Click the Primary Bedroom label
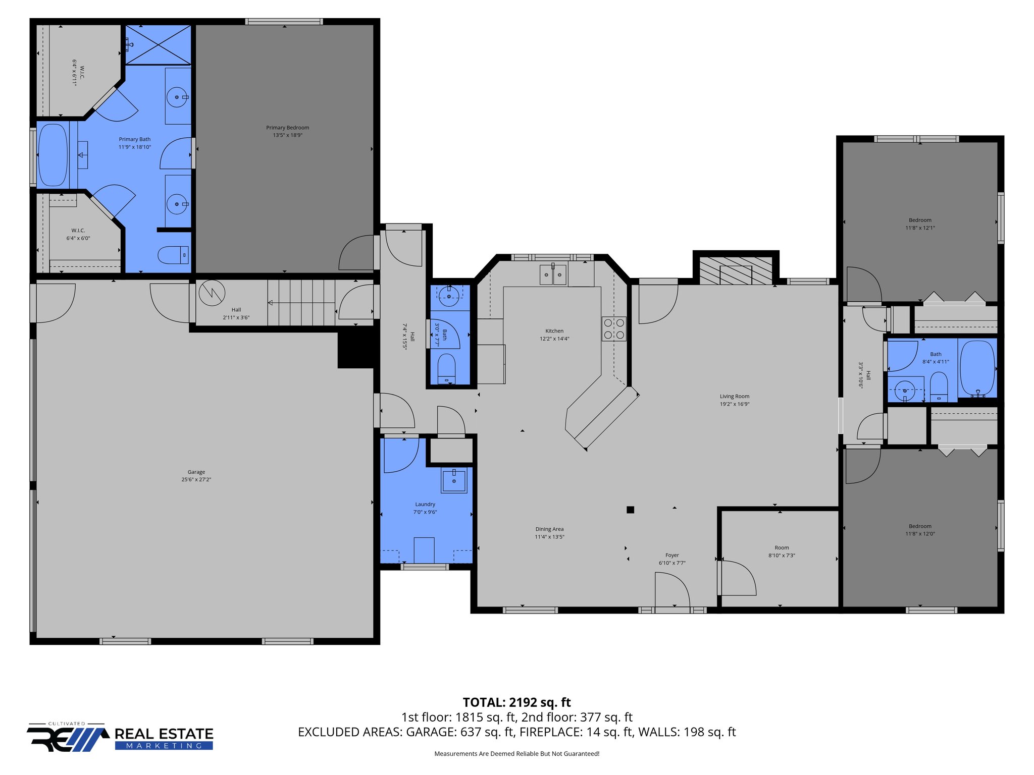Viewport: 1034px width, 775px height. click(x=287, y=128)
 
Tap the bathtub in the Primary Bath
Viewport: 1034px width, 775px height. click(x=53, y=155)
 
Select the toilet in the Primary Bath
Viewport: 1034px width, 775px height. click(x=173, y=255)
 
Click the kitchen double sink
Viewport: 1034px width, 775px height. click(x=553, y=275)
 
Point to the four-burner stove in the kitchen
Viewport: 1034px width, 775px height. click(x=614, y=328)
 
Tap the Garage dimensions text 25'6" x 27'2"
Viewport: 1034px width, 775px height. click(x=196, y=480)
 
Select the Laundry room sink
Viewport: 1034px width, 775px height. click(x=454, y=481)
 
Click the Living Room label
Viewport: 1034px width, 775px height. click(x=735, y=397)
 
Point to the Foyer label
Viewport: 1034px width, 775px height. click(x=672, y=556)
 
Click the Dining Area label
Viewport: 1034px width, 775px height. click(x=549, y=529)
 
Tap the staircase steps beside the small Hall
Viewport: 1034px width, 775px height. click(x=301, y=303)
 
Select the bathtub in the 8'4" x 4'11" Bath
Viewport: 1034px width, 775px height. click(x=977, y=368)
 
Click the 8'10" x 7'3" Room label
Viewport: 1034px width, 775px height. click(x=782, y=548)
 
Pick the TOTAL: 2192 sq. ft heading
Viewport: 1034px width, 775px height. click(x=516, y=702)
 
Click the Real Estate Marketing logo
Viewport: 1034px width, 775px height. click(x=120, y=738)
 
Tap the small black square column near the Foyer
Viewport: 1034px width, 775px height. click(x=630, y=510)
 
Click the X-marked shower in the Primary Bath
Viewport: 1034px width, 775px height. click(x=158, y=45)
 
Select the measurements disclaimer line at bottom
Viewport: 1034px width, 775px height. click(x=516, y=754)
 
